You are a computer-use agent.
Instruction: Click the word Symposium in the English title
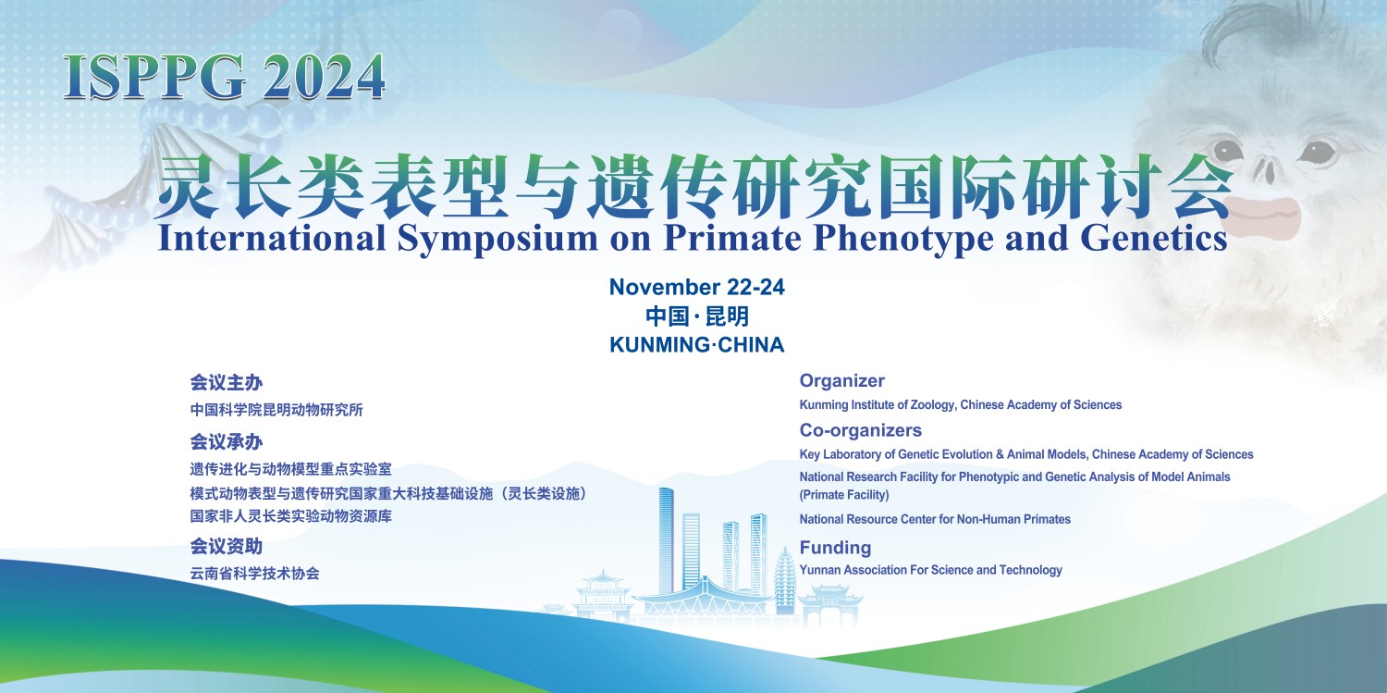click(497, 240)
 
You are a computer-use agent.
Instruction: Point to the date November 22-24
click(696, 287)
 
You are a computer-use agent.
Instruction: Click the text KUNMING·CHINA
click(696, 344)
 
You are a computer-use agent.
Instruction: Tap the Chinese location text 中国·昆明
click(696, 316)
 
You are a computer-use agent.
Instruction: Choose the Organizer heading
click(841, 380)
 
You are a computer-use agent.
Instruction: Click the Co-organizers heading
click(860, 430)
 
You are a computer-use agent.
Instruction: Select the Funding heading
click(835, 548)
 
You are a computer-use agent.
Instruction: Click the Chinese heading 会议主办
click(226, 383)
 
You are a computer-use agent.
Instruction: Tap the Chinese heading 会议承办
click(226, 441)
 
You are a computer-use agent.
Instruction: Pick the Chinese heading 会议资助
click(226, 546)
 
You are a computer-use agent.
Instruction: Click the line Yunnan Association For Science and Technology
click(930, 570)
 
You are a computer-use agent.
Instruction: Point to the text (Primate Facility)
click(844, 495)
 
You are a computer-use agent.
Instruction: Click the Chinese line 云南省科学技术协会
click(254, 574)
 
